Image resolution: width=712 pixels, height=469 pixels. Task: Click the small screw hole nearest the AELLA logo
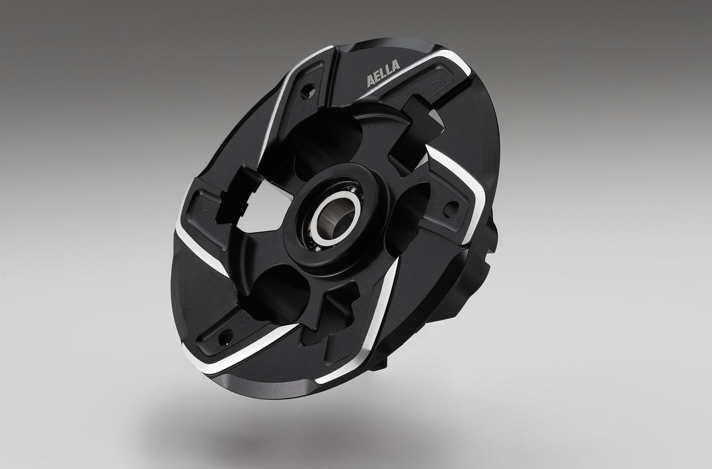[308, 89]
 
